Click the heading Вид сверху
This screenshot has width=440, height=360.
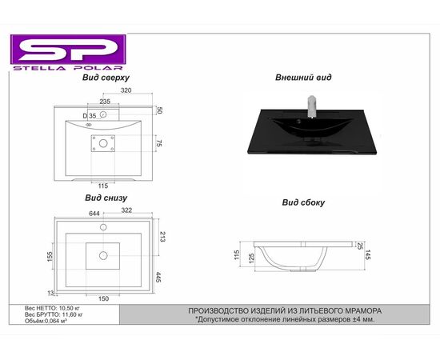pos(106,78)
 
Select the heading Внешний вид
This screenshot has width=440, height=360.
pos(303,77)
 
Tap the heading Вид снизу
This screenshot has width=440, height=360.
pos(106,198)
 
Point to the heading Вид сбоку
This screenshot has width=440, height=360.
pos(303,202)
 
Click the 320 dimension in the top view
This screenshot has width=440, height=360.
pos(126,90)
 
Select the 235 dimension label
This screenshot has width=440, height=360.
pos(105,102)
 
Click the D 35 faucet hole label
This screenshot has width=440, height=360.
pos(90,116)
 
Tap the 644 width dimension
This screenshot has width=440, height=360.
pos(94,214)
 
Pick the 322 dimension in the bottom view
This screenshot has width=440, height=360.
pos(126,210)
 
